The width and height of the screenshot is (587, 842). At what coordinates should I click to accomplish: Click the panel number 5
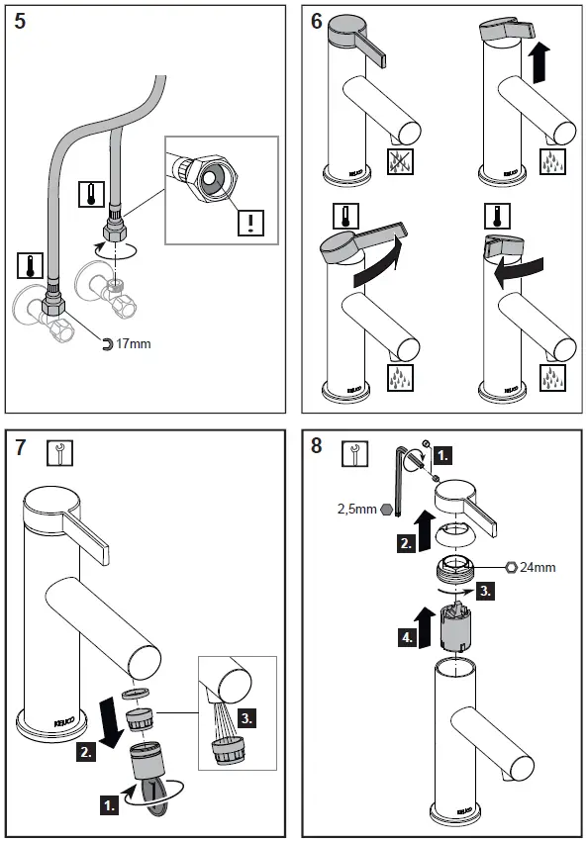coord(20,23)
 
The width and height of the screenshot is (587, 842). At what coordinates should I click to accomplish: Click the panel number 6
coord(317,23)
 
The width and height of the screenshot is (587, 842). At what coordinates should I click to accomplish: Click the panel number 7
coord(20,446)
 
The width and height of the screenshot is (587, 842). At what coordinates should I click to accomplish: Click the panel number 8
coord(317,446)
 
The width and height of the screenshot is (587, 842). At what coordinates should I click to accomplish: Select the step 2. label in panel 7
coord(86,752)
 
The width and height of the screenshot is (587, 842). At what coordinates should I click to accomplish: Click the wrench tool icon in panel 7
coord(60,453)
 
